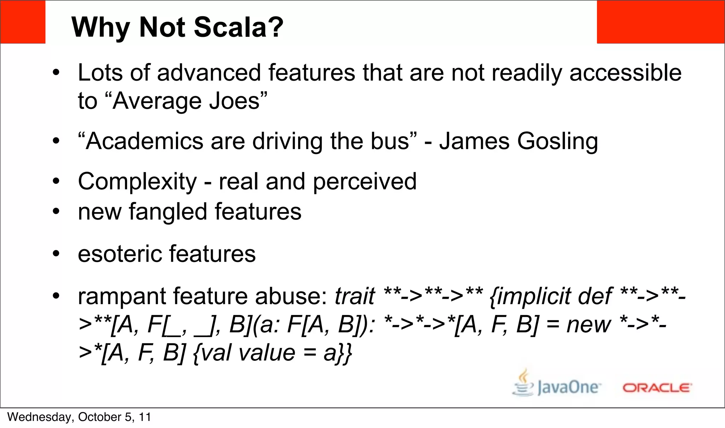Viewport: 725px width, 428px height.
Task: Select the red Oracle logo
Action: click(657, 388)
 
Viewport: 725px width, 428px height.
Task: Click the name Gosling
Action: click(557, 142)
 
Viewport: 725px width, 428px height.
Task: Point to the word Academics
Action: click(144, 141)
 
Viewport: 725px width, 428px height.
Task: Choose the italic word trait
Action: click(354, 296)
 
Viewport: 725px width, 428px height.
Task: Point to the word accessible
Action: click(625, 73)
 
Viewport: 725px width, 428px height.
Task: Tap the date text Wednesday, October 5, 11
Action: click(79, 417)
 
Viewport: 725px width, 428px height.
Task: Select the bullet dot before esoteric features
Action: click(56, 254)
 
